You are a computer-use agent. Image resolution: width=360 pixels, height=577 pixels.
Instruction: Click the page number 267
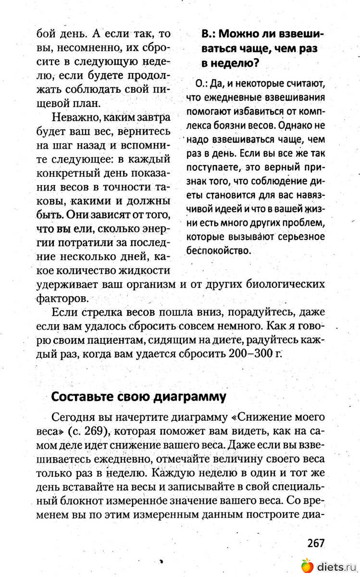pos(316,543)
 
